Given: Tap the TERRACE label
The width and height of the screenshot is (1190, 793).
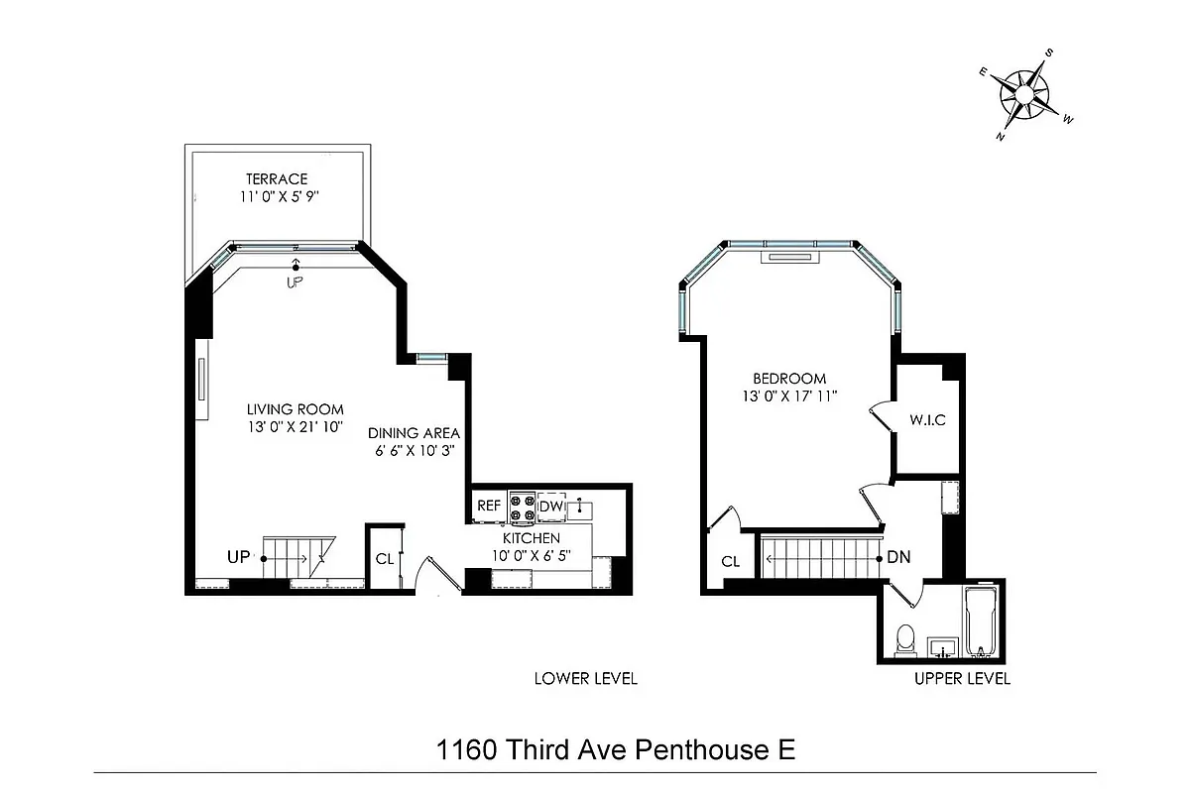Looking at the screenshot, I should [277, 179].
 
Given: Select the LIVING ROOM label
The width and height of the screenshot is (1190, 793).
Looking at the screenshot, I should [296, 408].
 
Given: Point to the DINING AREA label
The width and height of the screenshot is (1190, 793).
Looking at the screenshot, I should [414, 433].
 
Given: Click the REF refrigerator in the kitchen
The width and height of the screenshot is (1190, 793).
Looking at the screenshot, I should [489, 507].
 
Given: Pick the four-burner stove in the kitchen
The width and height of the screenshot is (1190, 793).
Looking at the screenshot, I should [522, 508].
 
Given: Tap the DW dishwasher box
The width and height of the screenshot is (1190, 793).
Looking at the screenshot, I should [551, 508].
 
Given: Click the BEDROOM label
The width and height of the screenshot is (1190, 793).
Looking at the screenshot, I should [789, 379].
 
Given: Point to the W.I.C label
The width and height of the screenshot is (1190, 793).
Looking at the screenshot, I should [927, 420].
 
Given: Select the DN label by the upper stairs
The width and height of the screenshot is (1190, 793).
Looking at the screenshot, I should [898, 558].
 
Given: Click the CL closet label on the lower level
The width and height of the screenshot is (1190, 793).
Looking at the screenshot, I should [385, 558].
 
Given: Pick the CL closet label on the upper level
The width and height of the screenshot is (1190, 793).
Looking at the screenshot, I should [731, 561].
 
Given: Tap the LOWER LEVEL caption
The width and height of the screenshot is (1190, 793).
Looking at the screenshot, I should [585, 679].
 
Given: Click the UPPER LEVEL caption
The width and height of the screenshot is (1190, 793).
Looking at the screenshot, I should [962, 679].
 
